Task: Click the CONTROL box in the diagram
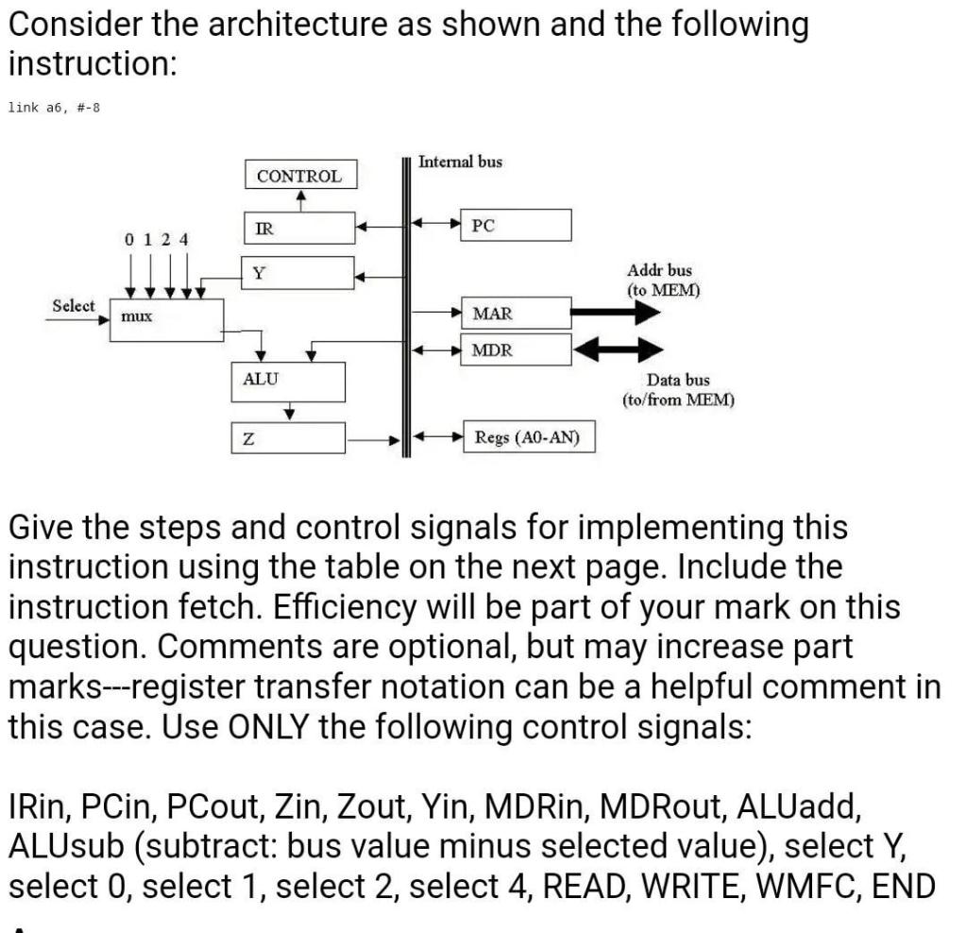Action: pyautogui.click(x=300, y=176)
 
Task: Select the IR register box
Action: pyautogui.click(x=298, y=227)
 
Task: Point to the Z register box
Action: pyautogui.click(x=289, y=439)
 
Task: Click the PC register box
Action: pyautogui.click(x=516, y=226)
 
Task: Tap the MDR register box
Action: pyautogui.click(x=516, y=349)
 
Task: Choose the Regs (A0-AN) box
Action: pyautogui.click(x=528, y=438)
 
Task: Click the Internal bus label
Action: pyautogui.click(x=460, y=161)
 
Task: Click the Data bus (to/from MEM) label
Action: pyautogui.click(x=677, y=389)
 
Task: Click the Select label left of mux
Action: pyautogui.click(x=74, y=305)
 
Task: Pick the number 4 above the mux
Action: pyautogui.click(x=184, y=239)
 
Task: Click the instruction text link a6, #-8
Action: pyautogui.click(x=54, y=107)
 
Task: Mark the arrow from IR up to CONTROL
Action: pyautogui.click(x=300, y=199)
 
